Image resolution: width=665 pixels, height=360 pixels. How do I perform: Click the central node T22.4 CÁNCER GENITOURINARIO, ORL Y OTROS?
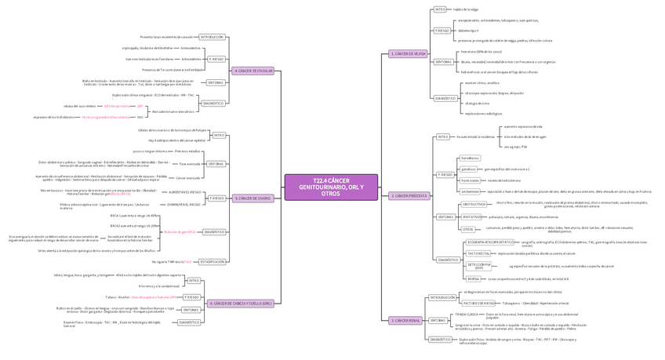coord(331,187)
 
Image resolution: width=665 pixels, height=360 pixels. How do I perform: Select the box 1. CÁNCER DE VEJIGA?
coord(409,54)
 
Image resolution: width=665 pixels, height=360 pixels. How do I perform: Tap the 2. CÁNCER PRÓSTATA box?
coord(409,196)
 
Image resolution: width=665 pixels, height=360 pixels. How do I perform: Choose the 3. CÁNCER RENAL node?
coord(405,320)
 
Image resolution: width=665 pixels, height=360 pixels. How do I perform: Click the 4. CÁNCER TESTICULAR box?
coord(253,71)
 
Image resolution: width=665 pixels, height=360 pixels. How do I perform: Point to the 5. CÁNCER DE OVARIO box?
coord(253,198)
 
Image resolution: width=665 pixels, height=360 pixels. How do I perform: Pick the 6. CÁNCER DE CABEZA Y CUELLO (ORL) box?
coord(241,303)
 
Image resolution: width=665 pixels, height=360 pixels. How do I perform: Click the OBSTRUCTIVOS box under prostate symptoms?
coord(474,204)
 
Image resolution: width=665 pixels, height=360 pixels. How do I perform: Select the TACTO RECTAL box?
coord(478,253)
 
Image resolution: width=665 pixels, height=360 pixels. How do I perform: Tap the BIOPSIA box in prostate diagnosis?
coord(474,278)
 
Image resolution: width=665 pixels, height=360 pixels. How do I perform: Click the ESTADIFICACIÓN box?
coord(213,261)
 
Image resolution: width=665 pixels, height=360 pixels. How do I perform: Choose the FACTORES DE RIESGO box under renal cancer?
coord(478,303)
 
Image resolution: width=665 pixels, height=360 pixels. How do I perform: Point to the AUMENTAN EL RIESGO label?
coord(184,191)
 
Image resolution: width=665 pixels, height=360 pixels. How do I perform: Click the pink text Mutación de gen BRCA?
coord(180,232)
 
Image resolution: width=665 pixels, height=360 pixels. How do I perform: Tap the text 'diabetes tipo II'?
coord(469,31)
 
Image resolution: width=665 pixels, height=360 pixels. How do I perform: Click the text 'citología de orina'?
coord(477,103)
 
